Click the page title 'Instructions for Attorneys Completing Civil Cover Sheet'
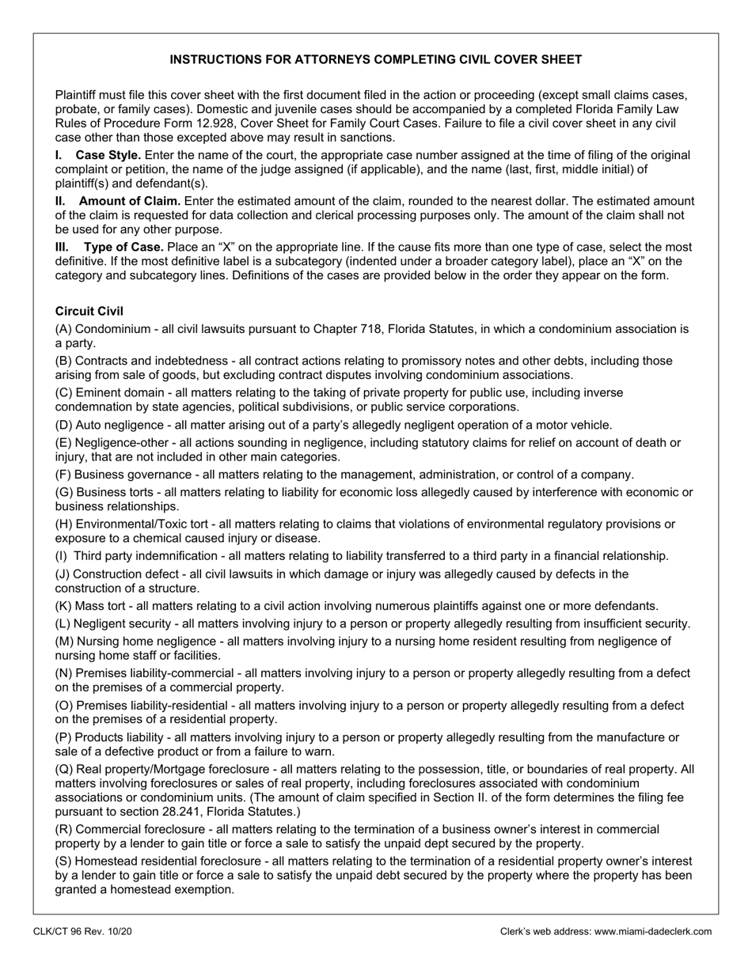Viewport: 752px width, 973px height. (376, 59)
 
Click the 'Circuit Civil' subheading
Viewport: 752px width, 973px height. (89, 312)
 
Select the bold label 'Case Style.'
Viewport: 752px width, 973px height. (108, 155)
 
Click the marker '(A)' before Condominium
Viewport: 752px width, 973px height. (63, 329)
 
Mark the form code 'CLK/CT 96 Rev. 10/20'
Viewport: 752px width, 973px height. (82, 932)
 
